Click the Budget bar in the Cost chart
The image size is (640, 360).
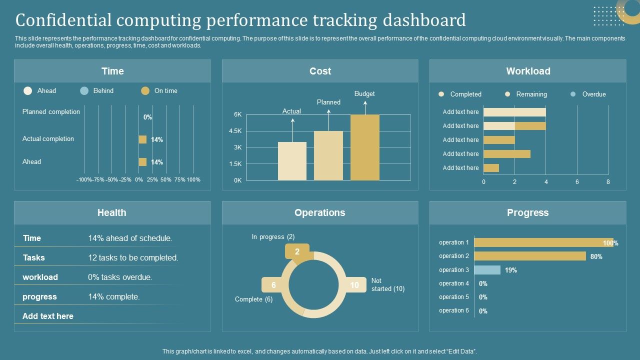point(364,147)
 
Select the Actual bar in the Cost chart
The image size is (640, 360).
point(292,161)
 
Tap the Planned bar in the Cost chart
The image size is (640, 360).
point(328,155)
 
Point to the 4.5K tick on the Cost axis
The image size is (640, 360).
point(235,131)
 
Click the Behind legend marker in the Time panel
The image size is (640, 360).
point(84,90)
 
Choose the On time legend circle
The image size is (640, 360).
point(145,90)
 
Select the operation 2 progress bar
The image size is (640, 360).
point(529,256)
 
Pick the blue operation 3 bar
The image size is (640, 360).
point(487,270)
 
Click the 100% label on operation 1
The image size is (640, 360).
point(610,243)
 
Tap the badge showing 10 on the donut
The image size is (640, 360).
point(354,285)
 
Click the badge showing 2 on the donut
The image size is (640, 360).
point(297,251)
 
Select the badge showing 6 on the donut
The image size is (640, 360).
point(273,285)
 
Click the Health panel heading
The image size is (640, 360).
point(112,212)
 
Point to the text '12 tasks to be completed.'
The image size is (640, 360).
point(133,257)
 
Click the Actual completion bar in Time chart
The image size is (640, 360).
point(142,139)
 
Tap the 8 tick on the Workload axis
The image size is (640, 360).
point(608,182)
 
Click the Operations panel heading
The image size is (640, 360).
point(320,212)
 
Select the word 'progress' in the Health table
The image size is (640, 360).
point(39,296)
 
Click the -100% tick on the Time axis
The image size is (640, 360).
point(84,179)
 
